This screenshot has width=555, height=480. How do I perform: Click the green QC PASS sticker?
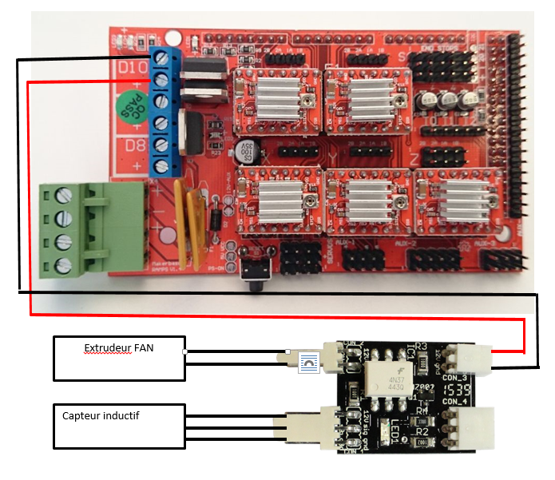[129, 105]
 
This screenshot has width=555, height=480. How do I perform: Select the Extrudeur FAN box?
[118, 358]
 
